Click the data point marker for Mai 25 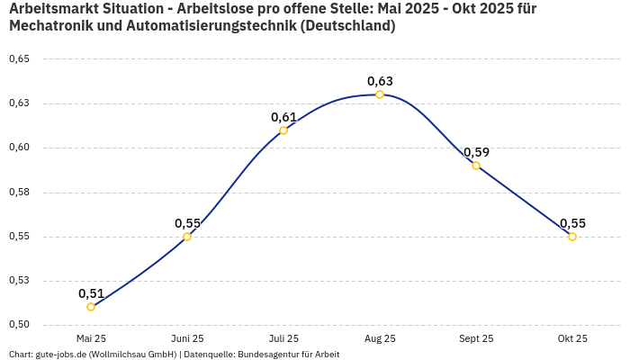pos(91,307)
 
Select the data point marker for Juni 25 pos(187,237)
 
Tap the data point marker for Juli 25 pos(283,130)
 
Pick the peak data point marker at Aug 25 pos(380,94)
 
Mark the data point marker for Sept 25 pos(476,166)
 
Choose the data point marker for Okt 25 pos(572,237)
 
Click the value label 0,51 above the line pos(91,293)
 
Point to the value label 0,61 pos(283,117)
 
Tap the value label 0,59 pos(476,152)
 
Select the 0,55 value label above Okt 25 pos(572,223)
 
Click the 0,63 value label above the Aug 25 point pos(380,81)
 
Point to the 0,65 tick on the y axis pos(19,59)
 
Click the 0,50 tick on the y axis pos(19,325)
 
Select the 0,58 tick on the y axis pos(19,192)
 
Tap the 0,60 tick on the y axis pos(19,148)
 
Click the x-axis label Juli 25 pos(283,338)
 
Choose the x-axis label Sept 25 pos(476,338)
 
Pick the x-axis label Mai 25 pos(91,338)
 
